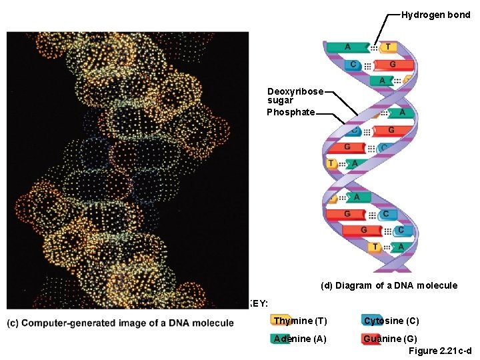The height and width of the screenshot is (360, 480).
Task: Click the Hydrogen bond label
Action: point(435,14)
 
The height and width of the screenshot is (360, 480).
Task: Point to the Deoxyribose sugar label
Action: point(295,95)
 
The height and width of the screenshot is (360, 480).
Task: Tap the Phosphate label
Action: point(291,112)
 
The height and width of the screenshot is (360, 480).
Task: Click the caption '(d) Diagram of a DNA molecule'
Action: point(389,285)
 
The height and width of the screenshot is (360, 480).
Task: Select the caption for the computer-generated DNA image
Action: point(121,323)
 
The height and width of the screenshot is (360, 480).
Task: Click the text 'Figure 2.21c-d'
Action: point(441,351)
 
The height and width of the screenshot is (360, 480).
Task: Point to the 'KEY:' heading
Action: point(258,304)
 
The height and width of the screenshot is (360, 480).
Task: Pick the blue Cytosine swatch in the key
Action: point(370,321)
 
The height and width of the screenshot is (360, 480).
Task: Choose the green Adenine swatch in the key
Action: point(281,338)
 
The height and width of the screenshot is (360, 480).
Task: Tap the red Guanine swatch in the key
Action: point(371,338)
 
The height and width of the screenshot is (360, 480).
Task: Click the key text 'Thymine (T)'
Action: point(301,321)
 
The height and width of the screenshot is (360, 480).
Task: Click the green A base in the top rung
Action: point(347,47)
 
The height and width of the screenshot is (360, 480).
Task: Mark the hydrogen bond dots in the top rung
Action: point(375,48)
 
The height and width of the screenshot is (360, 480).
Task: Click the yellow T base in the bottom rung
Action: point(377,247)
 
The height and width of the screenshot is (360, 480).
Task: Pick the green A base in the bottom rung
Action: point(401,247)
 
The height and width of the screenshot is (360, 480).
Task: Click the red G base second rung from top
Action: point(392,65)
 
